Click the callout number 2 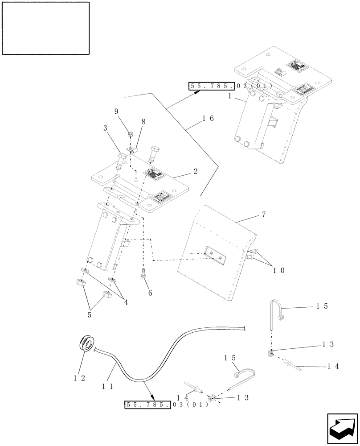tap(196, 170)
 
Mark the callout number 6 tap(150, 293)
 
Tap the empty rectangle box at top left tap(46, 28)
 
